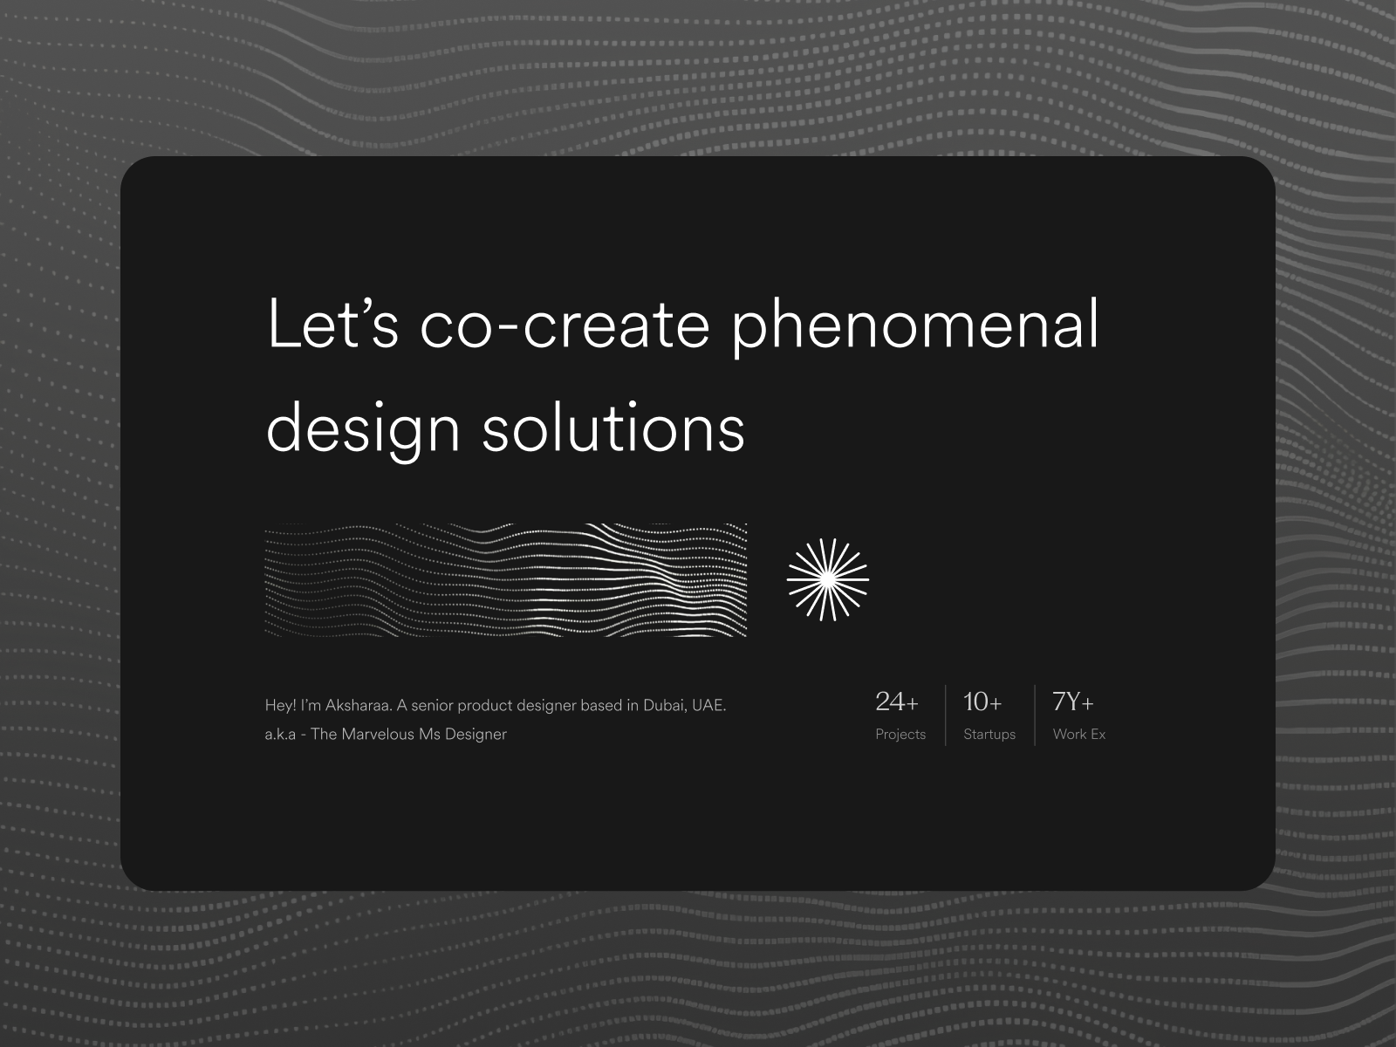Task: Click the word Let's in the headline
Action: (332, 325)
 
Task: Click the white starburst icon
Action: (827, 580)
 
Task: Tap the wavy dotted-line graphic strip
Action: (506, 580)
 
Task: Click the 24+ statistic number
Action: (896, 701)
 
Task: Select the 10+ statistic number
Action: (982, 701)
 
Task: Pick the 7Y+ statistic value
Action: (1073, 701)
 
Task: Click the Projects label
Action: (900, 735)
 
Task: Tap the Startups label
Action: (989, 735)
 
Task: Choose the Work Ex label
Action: (1079, 735)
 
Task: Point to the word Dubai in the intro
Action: (664, 705)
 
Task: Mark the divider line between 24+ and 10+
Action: (946, 715)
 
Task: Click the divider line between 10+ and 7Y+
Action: (1035, 715)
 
